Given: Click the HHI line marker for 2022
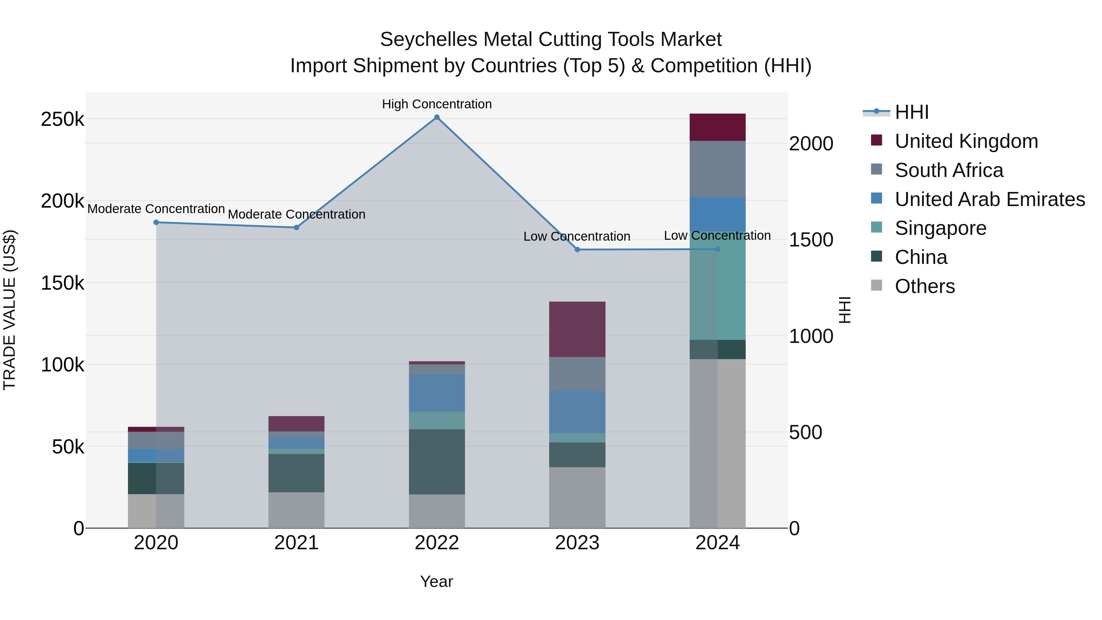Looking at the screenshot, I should tap(437, 117).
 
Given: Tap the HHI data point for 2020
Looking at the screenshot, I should tap(156, 223).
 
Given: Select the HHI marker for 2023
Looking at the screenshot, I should tap(577, 250).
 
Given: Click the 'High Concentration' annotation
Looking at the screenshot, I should tap(437, 104).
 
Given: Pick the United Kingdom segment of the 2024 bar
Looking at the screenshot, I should tap(718, 127).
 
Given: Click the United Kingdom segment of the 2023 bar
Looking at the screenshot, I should tap(577, 329).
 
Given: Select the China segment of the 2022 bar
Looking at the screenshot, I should tap(437, 462).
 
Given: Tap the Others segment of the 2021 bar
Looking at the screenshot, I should tap(296, 510).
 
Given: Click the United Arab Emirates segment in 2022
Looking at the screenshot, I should tap(437, 393).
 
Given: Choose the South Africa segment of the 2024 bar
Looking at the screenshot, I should tap(718, 169).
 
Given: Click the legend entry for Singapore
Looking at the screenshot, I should tap(940, 228).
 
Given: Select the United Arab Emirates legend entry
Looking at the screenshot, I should tap(989, 199).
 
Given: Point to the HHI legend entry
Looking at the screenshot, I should tap(911, 112).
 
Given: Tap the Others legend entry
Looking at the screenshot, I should tap(924, 286).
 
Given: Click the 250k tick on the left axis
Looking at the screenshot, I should tap(62, 119).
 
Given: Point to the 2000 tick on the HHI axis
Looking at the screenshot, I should tap(811, 144).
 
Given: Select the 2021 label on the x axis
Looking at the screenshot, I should tap(296, 543).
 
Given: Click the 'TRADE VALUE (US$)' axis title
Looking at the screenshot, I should tap(9, 310).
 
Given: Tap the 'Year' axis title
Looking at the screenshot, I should tap(436, 581).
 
